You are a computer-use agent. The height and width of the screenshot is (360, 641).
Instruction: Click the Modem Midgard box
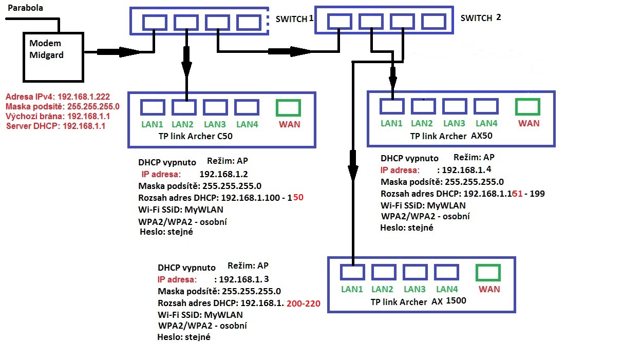point(54,56)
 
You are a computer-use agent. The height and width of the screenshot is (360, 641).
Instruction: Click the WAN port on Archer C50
point(288,107)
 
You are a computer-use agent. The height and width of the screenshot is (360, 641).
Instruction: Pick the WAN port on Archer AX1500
point(488,272)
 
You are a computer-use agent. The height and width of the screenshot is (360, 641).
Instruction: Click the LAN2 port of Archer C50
point(184,107)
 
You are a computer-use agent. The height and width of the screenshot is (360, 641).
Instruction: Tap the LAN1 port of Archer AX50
point(392,106)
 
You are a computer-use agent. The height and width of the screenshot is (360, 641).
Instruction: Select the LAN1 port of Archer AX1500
point(352,272)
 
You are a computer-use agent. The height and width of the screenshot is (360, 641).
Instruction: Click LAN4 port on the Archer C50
point(247,107)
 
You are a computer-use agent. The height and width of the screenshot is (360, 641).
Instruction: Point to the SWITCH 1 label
point(294,19)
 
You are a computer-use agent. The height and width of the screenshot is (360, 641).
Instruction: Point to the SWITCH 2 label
point(480,18)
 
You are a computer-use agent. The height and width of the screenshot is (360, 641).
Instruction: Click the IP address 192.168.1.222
point(84,97)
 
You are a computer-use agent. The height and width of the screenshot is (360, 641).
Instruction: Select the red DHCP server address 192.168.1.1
point(84,126)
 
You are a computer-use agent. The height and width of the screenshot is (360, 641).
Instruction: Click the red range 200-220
point(304,304)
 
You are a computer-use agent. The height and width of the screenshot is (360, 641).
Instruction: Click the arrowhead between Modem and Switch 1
point(128,51)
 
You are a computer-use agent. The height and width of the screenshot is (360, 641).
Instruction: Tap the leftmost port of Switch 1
point(155,22)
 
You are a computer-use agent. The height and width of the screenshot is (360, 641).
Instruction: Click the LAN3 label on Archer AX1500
point(414,289)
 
